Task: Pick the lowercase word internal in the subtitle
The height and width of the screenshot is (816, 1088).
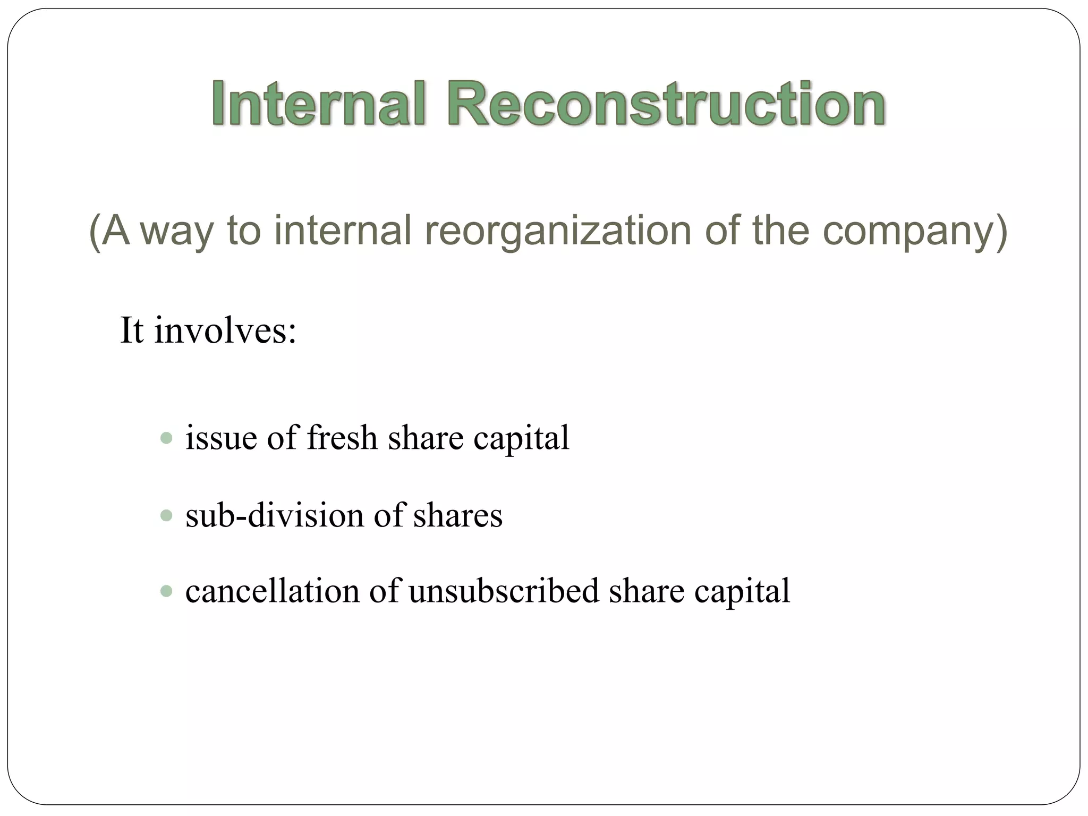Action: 343,231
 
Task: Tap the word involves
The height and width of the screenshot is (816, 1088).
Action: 225,330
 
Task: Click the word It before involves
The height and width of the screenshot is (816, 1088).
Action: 132,330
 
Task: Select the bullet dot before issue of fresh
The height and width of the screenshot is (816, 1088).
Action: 166,438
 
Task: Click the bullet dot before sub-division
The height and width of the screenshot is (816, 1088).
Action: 166,515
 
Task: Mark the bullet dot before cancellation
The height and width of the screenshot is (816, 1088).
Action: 166,591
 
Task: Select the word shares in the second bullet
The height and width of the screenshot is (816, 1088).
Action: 458,515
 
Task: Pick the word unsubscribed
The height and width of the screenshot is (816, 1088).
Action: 504,591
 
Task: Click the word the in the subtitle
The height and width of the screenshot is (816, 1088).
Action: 780,231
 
